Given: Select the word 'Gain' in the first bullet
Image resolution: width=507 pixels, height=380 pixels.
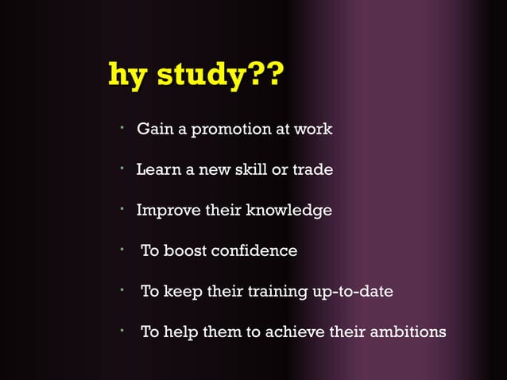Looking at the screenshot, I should pos(153,129).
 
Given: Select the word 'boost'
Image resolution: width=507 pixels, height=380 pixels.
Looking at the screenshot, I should pos(185,251).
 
